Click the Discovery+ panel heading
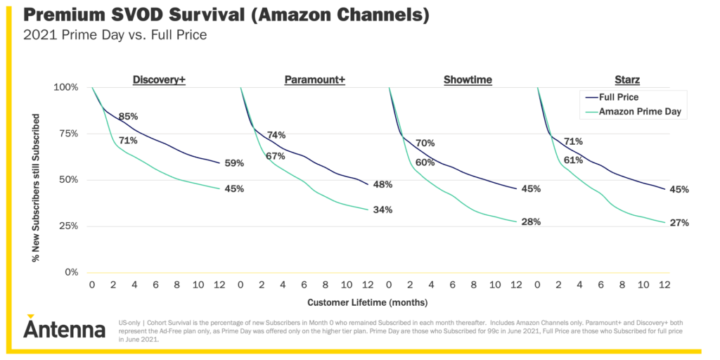point(159,80)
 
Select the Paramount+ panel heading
point(314,80)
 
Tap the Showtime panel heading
point(468,80)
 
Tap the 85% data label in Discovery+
point(128,117)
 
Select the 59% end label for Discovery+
point(234,163)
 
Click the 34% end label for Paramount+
point(383,210)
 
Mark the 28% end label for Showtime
point(531,222)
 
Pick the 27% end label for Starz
point(679,223)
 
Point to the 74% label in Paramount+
point(276,135)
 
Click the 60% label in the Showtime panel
point(425,162)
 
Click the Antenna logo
point(63,328)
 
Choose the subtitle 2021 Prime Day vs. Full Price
point(115,34)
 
